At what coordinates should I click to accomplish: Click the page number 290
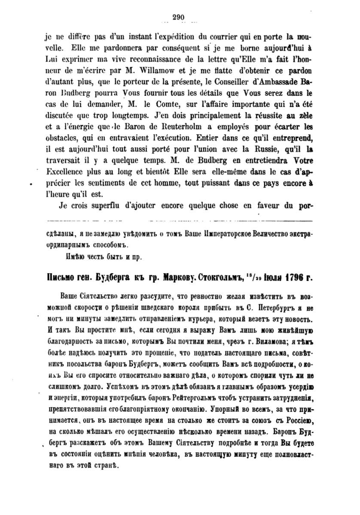coord(178,17)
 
